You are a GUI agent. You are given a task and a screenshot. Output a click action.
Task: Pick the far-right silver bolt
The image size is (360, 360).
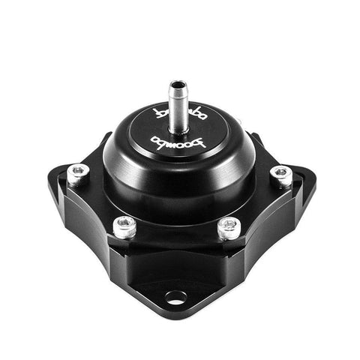[281, 175]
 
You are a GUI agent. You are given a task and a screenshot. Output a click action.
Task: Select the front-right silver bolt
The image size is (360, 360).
[228, 226]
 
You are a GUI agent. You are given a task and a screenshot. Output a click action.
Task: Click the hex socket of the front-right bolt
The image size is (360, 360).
[228, 223]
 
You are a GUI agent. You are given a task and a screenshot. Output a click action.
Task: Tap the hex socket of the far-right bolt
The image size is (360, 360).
[281, 172]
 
